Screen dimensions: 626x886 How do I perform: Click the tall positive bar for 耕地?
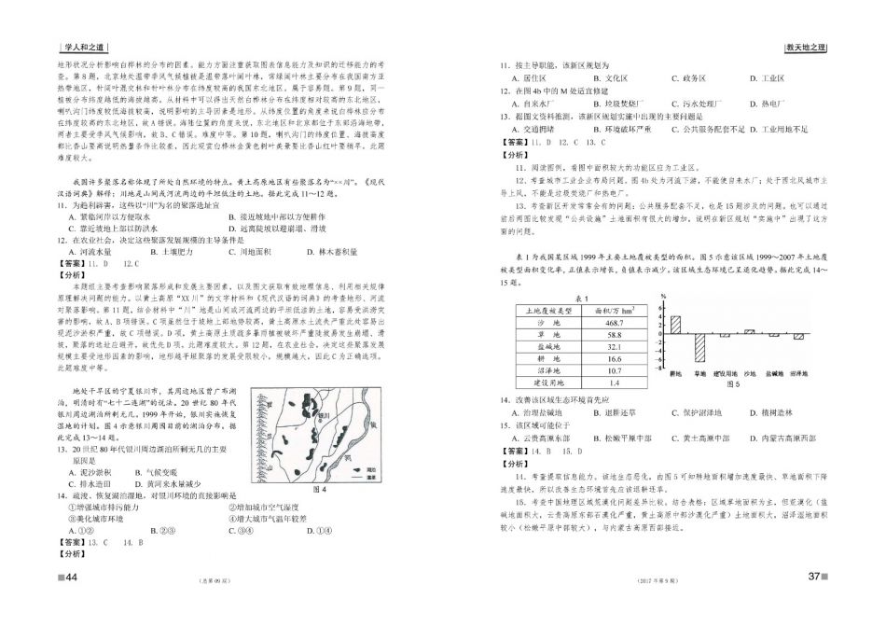(676, 325)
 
